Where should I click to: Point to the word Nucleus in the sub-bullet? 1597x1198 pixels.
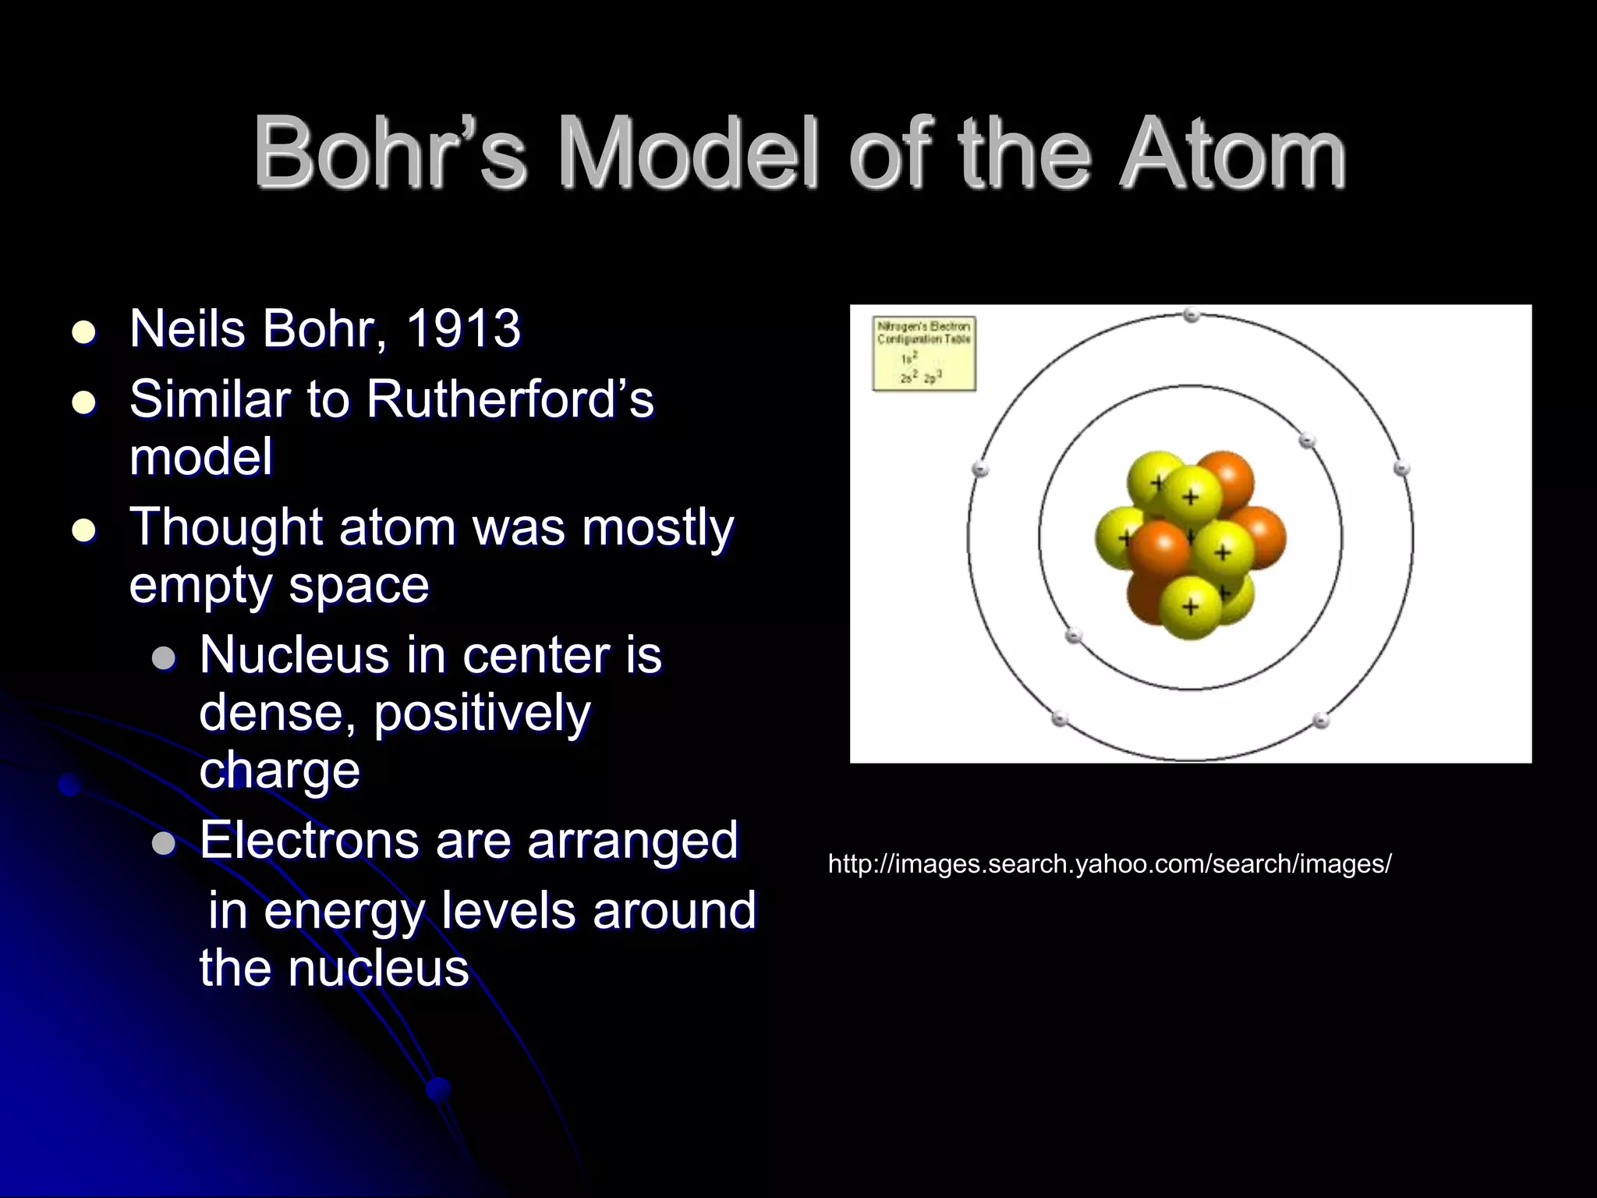tap(294, 655)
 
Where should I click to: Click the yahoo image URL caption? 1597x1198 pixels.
tap(1109, 864)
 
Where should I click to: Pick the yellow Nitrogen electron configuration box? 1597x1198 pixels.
tap(924, 353)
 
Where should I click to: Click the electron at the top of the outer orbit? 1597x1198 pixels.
tap(1191, 315)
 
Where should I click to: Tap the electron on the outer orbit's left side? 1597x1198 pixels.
tap(981, 469)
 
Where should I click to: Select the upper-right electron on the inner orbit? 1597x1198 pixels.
tap(1307, 441)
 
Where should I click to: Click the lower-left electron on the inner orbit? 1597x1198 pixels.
tap(1075, 635)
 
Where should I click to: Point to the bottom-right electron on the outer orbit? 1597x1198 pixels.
tap(1320, 720)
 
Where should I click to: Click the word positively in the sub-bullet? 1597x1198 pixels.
tap(481, 714)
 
